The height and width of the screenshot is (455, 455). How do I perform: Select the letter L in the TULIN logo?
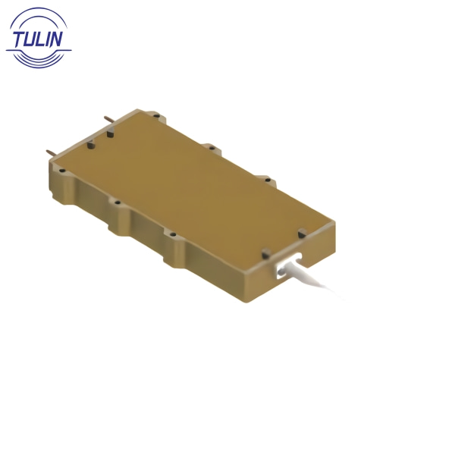coord(42,39)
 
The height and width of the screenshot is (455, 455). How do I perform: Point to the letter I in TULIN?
coord(51,39)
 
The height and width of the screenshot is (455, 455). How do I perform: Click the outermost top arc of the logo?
coord(39,10)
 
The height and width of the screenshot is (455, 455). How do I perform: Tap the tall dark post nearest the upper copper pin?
coord(110,133)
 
